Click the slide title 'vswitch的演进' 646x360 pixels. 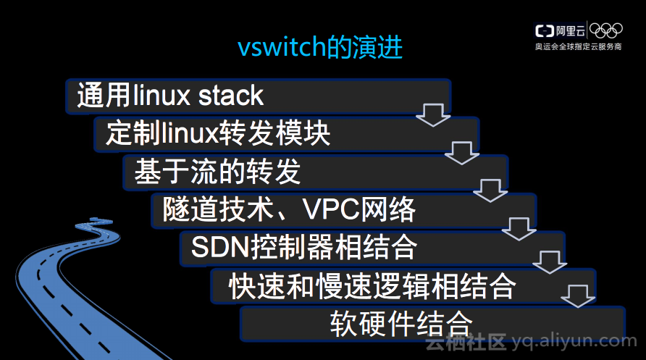320,48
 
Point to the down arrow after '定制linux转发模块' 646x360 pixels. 462,153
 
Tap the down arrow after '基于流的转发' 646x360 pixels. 490,190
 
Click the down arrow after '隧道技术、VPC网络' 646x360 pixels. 519,227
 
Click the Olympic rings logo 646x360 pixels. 605,30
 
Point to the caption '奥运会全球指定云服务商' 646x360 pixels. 578,47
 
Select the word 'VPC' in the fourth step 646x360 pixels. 330,210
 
